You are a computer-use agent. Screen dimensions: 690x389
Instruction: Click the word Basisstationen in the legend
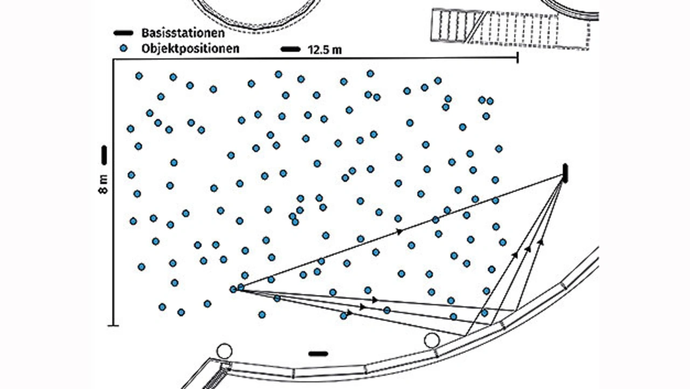183,33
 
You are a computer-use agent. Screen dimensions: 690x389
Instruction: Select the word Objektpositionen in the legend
190,49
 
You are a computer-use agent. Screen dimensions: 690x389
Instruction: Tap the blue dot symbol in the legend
123,48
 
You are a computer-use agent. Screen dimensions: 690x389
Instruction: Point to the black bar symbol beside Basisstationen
123,33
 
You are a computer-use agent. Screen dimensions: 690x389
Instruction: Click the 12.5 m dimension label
325,50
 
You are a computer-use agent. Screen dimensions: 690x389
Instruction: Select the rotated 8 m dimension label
103,184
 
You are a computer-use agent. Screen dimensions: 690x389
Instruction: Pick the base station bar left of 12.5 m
291,49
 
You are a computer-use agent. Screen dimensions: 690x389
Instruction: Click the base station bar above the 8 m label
104,155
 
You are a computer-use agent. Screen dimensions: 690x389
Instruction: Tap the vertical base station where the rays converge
565,174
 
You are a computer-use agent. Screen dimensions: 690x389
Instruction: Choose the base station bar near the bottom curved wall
318,354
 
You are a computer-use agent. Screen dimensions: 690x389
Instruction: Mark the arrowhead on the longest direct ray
399,231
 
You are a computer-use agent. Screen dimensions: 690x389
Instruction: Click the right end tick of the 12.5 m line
517,58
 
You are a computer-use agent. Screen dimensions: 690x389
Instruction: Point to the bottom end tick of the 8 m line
113,325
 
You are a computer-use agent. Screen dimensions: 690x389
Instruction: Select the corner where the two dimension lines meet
114,59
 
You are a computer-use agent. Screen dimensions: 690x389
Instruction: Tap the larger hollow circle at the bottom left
224,351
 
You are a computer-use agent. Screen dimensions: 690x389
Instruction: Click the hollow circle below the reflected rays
432,340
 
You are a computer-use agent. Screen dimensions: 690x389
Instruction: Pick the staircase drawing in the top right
510,29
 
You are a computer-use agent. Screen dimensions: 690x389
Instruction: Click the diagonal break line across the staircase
477,27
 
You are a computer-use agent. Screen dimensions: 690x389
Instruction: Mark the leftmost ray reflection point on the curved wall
466,336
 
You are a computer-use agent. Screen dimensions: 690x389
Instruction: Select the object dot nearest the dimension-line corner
139,76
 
